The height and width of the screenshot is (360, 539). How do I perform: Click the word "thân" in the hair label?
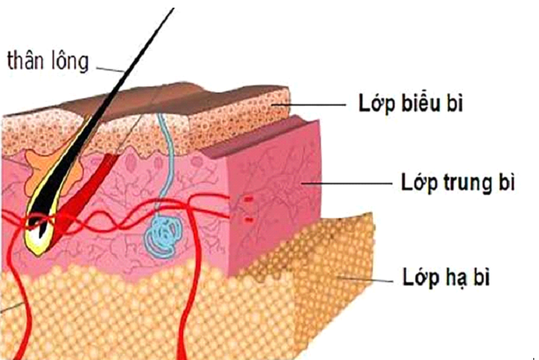pos(26,61)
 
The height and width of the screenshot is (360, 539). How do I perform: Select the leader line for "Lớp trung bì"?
pos(348,184)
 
